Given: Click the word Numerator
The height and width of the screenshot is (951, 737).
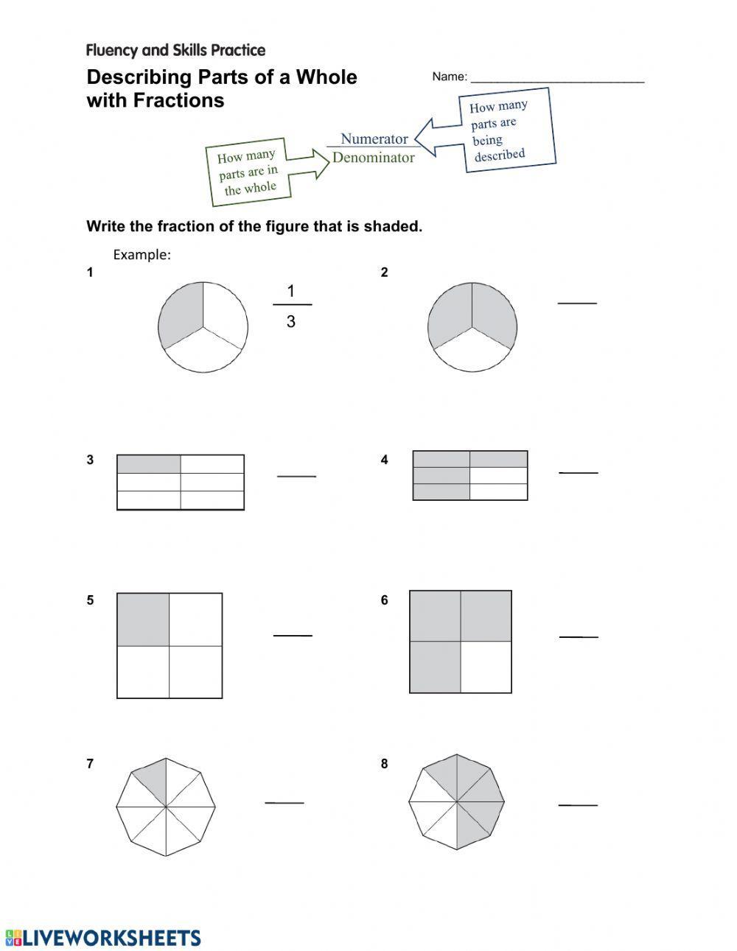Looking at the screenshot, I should point(374,138).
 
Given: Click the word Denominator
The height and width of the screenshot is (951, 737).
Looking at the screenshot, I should point(374,158).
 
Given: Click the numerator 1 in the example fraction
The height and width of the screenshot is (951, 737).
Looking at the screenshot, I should point(291,292).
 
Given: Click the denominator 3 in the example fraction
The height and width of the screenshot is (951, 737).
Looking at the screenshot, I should point(291,321).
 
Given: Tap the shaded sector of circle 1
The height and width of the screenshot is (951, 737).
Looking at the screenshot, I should point(181,312).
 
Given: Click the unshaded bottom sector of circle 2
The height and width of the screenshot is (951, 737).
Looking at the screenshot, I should point(472,353).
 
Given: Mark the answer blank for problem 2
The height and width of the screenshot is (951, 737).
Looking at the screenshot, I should point(577,302).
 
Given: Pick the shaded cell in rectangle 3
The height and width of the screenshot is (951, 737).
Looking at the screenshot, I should point(149,464).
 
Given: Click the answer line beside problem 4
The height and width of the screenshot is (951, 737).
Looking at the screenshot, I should point(578,472).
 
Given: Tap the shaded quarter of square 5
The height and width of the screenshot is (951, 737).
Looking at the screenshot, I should point(144,619).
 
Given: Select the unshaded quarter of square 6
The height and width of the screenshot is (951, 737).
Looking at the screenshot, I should point(486,667).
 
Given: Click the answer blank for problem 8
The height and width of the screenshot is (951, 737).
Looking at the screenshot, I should point(578,805).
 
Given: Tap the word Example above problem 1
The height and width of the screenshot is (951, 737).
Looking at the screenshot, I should point(142,255).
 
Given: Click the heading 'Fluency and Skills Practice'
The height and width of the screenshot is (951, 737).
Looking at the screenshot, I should point(175,50).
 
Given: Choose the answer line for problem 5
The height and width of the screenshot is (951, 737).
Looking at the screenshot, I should point(293,635).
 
